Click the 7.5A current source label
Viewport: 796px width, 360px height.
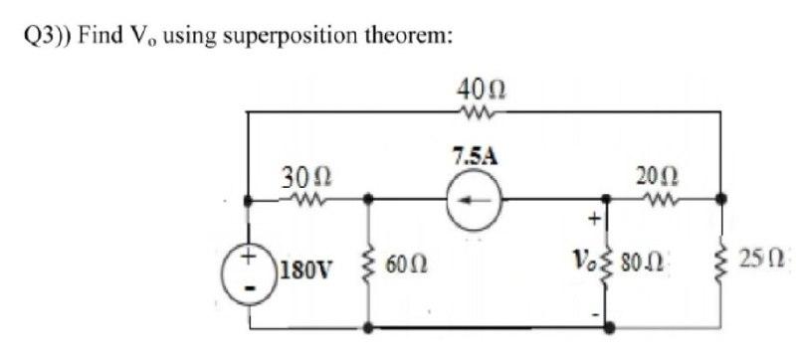[475, 156]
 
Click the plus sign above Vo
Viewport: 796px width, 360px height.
[596, 217]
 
